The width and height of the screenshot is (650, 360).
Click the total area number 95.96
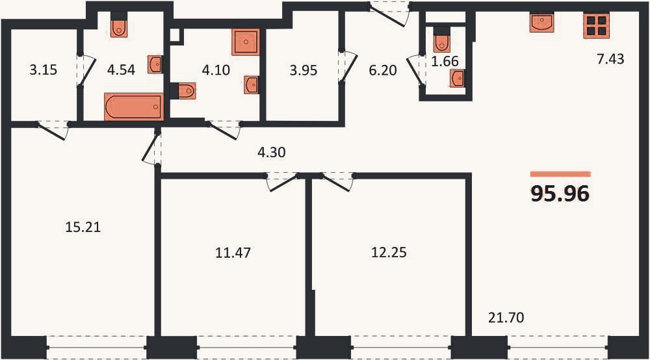click(560, 194)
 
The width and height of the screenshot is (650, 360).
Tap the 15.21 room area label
click(83, 227)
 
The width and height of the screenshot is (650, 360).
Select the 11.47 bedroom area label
click(233, 252)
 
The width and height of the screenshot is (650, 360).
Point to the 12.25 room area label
click(389, 252)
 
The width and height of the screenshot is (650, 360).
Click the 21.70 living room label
click(506, 317)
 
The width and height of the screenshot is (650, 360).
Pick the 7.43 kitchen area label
click(610, 59)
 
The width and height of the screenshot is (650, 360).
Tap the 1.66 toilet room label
click(445, 61)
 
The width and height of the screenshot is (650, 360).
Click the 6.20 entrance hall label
click(383, 70)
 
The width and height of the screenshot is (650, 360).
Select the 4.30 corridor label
click(272, 152)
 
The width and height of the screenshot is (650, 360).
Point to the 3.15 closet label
click(43, 70)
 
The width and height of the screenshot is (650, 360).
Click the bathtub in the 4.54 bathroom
click(134, 107)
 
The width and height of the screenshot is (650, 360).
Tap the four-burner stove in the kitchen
click(597, 26)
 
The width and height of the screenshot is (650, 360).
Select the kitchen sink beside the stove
click(542, 22)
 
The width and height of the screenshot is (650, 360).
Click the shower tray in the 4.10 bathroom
click(246, 42)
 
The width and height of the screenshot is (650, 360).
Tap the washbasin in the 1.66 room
click(457, 78)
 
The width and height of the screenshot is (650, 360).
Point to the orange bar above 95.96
click(560, 174)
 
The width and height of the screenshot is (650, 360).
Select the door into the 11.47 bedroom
click(282, 183)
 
